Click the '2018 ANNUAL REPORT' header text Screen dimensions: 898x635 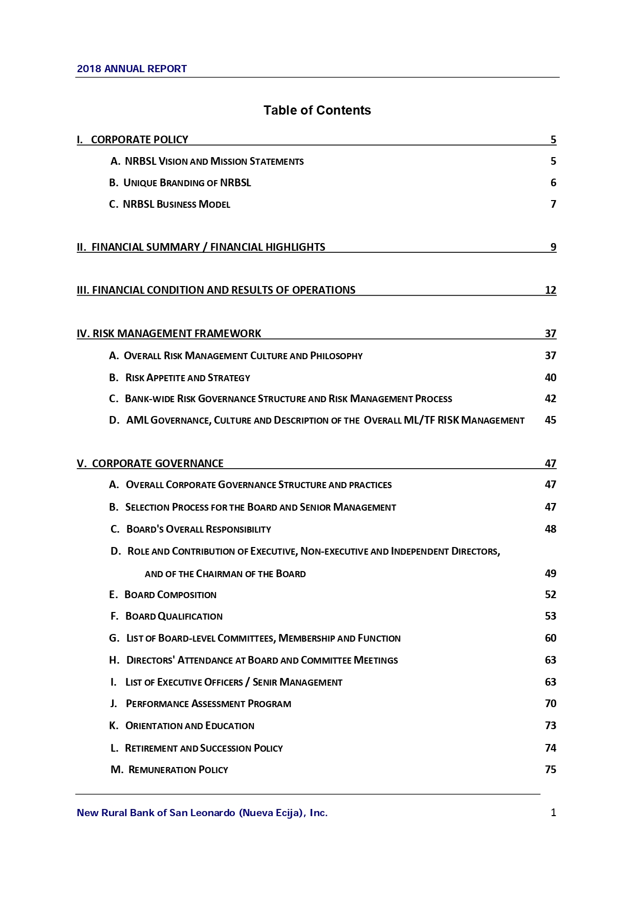click(x=132, y=69)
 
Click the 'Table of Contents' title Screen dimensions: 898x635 click(x=317, y=110)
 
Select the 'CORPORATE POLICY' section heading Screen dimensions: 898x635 click(x=139, y=140)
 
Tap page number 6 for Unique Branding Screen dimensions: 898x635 click(x=553, y=183)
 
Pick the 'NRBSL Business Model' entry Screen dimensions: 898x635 click(x=176, y=204)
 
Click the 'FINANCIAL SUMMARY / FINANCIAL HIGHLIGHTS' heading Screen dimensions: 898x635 click(x=208, y=247)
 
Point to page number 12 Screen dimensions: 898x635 click(x=550, y=290)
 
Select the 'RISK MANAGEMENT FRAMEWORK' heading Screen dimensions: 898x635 click(x=177, y=334)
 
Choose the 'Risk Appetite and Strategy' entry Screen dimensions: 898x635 click(x=187, y=378)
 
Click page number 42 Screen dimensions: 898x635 click(x=550, y=399)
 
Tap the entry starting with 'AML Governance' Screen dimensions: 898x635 click(x=325, y=420)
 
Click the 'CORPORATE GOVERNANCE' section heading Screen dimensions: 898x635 click(x=158, y=464)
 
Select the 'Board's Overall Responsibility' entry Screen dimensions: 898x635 click(x=199, y=529)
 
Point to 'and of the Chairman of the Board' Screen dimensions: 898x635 click(x=225, y=574)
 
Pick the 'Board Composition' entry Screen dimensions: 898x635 click(x=170, y=595)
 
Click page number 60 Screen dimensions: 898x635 click(x=550, y=638)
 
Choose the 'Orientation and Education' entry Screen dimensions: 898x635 click(x=189, y=726)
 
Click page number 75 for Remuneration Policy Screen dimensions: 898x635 click(x=550, y=770)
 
